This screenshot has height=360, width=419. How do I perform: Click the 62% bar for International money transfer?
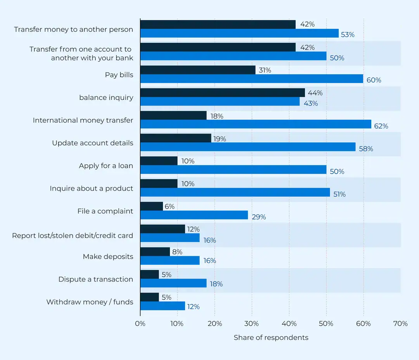tap(256, 124)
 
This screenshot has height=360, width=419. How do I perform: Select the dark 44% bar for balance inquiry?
tap(222, 93)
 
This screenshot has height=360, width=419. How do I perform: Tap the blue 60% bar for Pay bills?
tap(251, 79)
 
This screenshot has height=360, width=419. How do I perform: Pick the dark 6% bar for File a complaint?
tap(151, 206)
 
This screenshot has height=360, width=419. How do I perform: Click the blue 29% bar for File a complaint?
tap(194, 215)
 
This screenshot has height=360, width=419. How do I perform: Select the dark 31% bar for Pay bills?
tap(197, 70)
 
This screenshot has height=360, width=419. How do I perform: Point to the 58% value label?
tap(366, 149)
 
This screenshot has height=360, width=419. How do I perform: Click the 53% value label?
tap(348, 35)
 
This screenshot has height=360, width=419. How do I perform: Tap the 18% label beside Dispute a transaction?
tap(216, 284)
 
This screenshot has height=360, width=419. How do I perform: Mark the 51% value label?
tap(339, 194)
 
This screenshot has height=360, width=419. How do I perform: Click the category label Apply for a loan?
tap(106, 166)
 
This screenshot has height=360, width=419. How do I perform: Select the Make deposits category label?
tap(108, 257)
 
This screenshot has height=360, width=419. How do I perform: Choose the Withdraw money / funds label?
tap(90, 302)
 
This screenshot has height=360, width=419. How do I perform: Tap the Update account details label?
tap(92, 143)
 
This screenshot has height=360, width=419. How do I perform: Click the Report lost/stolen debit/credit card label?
tap(73, 236)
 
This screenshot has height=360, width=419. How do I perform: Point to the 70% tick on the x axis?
tap(400, 323)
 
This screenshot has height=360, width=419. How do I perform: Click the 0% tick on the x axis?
tap(140, 323)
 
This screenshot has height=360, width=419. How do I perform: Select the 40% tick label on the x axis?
tap(289, 323)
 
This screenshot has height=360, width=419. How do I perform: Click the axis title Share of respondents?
tap(271, 337)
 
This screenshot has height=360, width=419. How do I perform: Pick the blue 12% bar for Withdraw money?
tap(163, 306)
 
